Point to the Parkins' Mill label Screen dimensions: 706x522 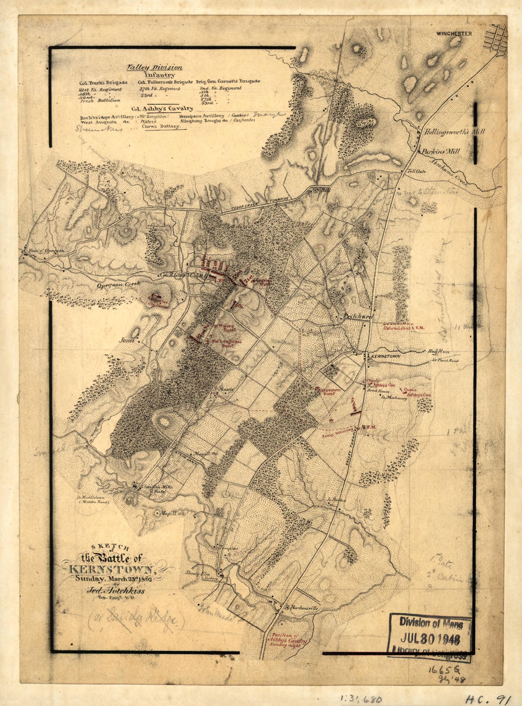click(445, 151)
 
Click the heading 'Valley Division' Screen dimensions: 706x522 click(154, 67)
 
